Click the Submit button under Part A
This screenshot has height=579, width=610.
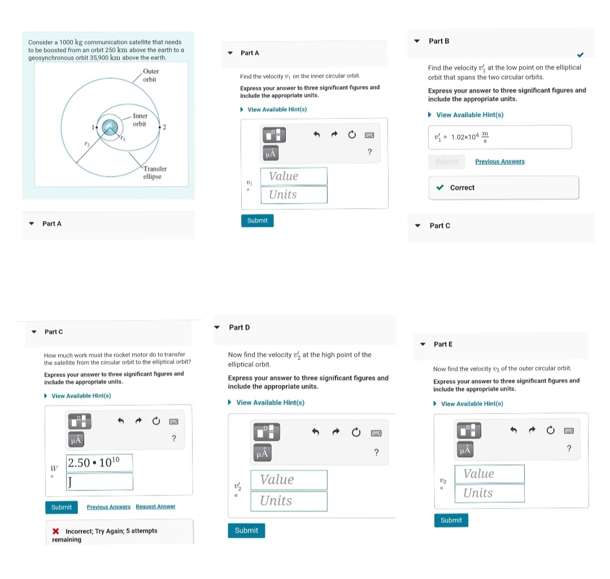click(x=257, y=221)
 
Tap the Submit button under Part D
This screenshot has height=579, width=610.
click(x=246, y=530)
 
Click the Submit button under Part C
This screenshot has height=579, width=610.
click(x=62, y=507)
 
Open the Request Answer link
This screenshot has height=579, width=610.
click(x=155, y=506)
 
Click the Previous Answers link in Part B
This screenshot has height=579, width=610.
click(x=500, y=161)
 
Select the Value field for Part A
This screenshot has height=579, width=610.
click(x=294, y=176)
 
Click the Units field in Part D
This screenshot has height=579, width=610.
click(x=289, y=501)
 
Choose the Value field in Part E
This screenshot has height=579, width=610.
click(x=489, y=473)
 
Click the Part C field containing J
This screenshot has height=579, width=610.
click(x=99, y=481)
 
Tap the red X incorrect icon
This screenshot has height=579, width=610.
click(x=55, y=531)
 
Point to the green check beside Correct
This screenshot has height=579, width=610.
click(x=440, y=187)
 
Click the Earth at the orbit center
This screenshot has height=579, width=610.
click(x=110, y=127)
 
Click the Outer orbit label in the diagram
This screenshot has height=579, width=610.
click(x=151, y=76)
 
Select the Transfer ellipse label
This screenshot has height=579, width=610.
click(x=154, y=173)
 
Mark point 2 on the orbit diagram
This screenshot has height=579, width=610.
click(x=160, y=127)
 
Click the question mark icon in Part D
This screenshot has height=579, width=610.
click(x=376, y=453)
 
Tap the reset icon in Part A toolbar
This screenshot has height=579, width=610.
click(x=352, y=134)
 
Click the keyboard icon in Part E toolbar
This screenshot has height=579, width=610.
click(x=569, y=431)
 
